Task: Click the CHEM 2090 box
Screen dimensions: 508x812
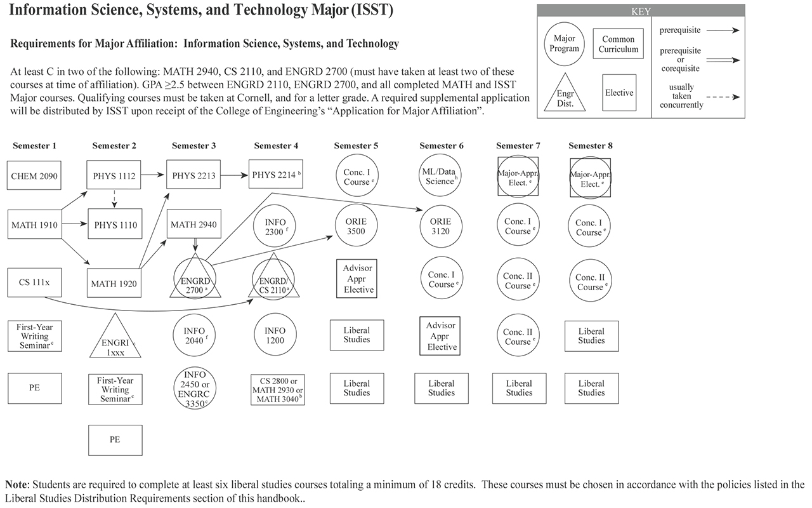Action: [x=35, y=176]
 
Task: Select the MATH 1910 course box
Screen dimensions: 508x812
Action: [x=35, y=225]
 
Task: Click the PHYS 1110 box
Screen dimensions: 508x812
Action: [x=115, y=225]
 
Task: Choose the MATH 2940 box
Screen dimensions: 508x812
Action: [x=194, y=225]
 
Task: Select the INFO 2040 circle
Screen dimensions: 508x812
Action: [x=194, y=336]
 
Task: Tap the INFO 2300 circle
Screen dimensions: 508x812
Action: [x=275, y=225]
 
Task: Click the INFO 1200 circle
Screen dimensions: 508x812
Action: [x=275, y=336]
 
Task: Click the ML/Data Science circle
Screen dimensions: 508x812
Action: [x=441, y=176]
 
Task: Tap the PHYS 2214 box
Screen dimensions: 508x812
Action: [x=275, y=175]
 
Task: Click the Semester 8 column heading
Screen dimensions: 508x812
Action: [x=591, y=146]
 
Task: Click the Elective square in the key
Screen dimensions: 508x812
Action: [x=619, y=93]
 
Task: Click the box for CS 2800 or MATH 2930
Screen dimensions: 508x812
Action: [x=277, y=390]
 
